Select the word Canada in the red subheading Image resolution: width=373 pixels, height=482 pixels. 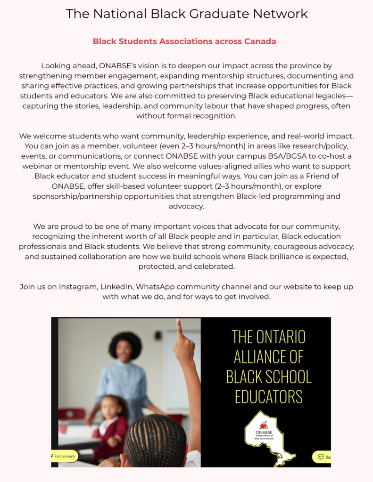pyautogui.click(x=260, y=41)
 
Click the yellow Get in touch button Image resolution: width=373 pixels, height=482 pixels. pyautogui.click(x=65, y=456)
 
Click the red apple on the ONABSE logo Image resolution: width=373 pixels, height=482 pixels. pyautogui.click(x=264, y=425)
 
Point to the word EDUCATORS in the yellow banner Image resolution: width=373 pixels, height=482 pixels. pyautogui.click(x=269, y=396)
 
